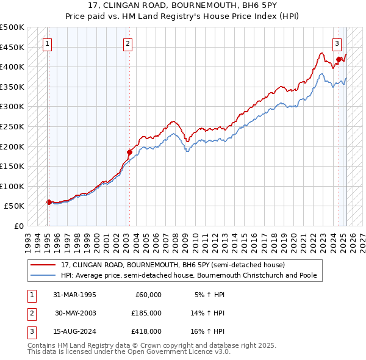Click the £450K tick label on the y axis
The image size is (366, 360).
[x=12, y=47]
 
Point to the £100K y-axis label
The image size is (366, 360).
[x=12, y=186]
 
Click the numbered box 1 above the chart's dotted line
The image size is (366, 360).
[x=48, y=43]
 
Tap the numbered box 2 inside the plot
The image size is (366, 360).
[x=127, y=43]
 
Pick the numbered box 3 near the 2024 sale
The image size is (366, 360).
[x=337, y=43]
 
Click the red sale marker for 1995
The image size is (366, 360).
[x=49, y=202]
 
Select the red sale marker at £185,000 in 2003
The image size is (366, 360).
[x=129, y=152]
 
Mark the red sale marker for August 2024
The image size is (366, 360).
[x=339, y=59]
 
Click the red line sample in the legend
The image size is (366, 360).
[x=44, y=265]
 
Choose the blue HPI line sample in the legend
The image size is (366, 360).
[x=44, y=275]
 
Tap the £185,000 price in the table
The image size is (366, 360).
[x=146, y=313]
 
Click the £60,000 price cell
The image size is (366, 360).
[x=148, y=294]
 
